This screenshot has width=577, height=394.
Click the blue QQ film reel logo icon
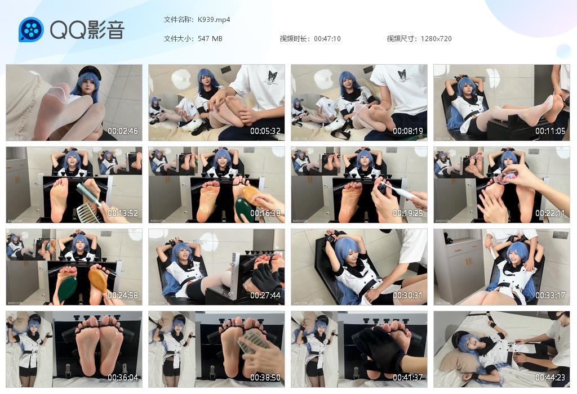(x=31, y=30)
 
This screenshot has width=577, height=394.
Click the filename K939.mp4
(x=214, y=20)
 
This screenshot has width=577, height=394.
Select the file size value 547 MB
(x=210, y=39)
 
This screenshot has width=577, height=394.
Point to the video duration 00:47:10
(x=327, y=39)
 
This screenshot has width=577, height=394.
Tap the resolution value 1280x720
(x=436, y=39)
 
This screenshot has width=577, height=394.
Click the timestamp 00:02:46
(x=123, y=131)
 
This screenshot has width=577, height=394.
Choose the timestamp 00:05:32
(x=265, y=131)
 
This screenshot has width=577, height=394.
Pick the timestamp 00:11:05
(x=551, y=131)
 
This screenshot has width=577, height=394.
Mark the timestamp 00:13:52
(x=123, y=213)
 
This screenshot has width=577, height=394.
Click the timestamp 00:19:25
(x=408, y=213)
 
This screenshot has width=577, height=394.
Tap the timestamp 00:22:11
(x=551, y=213)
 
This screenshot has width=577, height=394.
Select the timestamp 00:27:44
(x=265, y=295)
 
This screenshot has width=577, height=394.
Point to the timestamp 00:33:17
(x=551, y=295)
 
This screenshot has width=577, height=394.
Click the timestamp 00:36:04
(x=123, y=378)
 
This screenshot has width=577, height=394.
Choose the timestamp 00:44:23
(x=551, y=378)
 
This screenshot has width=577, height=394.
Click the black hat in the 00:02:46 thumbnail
(x=89, y=71)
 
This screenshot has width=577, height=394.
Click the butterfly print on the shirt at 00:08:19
(x=402, y=75)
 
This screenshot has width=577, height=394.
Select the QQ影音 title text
(x=87, y=30)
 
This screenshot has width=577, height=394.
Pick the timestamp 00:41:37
(x=408, y=378)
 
